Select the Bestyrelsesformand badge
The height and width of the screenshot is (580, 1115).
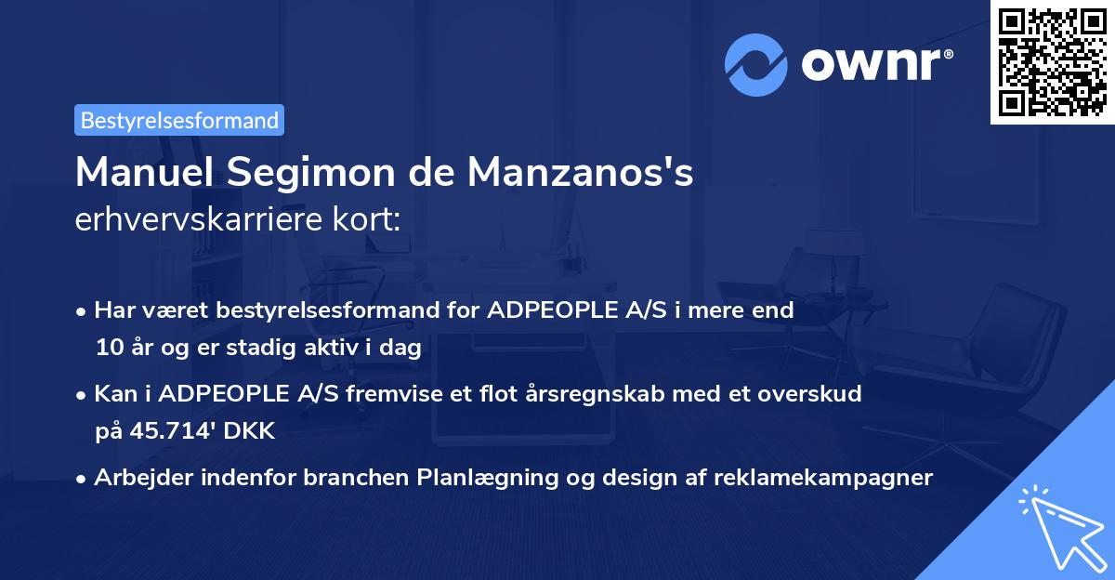point(179,120)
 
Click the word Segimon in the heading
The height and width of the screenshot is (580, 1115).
point(321,172)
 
